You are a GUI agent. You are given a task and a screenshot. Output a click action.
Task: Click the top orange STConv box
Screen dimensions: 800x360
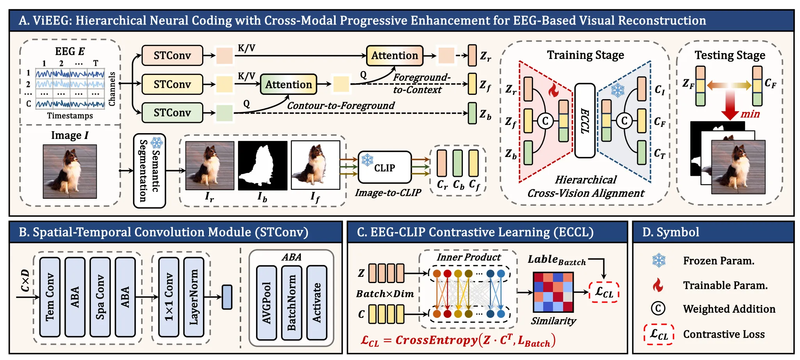click(x=172, y=55)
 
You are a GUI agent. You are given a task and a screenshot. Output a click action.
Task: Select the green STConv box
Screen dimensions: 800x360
click(x=172, y=113)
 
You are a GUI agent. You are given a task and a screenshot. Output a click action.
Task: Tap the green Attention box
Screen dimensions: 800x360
click(x=288, y=84)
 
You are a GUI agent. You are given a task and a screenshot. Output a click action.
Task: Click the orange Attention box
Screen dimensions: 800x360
click(x=395, y=55)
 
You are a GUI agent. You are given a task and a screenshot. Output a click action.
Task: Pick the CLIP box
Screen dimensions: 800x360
click(x=384, y=168)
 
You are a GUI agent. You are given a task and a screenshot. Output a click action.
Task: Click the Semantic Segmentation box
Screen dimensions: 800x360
click(x=149, y=171)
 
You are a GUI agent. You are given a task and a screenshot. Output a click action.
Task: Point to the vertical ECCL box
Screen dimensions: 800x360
click(x=585, y=121)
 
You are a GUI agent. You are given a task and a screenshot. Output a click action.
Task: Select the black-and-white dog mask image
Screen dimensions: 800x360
click(x=263, y=166)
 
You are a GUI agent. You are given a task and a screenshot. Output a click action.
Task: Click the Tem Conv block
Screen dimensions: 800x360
click(x=50, y=297)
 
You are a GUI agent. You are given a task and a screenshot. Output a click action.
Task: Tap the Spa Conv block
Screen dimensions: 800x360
click(x=100, y=297)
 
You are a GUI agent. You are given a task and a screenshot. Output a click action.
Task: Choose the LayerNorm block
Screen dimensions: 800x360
click(x=194, y=297)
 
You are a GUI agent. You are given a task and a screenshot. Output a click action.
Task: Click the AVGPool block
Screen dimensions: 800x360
click(x=267, y=303)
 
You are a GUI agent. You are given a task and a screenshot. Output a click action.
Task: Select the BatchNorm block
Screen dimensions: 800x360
click(x=292, y=303)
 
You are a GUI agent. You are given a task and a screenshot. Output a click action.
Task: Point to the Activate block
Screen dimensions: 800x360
click(x=317, y=303)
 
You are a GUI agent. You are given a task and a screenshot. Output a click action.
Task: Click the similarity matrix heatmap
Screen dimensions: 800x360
click(x=553, y=292)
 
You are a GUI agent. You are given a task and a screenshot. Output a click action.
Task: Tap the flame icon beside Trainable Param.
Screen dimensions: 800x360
click(x=658, y=285)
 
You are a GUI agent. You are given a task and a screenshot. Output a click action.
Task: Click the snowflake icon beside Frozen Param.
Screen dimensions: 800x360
click(x=659, y=260)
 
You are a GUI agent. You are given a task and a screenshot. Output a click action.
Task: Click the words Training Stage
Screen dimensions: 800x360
click(x=585, y=55)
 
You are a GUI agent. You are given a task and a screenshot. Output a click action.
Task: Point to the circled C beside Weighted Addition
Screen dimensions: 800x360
click(x=658, y=308)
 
